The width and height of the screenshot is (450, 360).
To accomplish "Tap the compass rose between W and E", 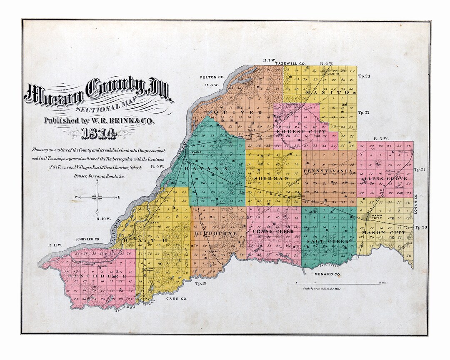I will point(97,197).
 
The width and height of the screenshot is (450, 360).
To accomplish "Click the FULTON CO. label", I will point(212,77).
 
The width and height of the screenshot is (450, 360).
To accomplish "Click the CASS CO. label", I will point(177,299).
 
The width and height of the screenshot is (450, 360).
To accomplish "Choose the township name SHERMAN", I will point(273,178).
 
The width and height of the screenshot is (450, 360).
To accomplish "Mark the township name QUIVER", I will point(237,112).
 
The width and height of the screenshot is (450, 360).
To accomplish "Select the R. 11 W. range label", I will point(55,245).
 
